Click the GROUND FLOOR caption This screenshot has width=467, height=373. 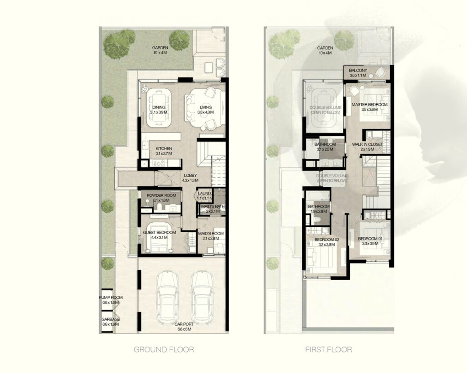click(x=164, y=350)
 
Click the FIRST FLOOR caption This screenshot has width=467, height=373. click(x=328, y=350)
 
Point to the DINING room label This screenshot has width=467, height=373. click(x=160, y=107)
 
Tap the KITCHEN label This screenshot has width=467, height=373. click(x=163, y=149)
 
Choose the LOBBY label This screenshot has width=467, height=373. click(x=190, y=175)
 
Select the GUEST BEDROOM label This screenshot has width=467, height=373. click(x=159, y=233)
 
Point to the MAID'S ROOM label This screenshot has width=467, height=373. click(x=211, y=234)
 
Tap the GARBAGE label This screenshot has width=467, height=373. click(x=111, y=319)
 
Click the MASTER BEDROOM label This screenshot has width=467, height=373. click(x=370, y=105)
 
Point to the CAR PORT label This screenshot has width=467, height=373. click(x=184, y=325)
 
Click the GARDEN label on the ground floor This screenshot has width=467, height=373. click(x=161, y=47)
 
